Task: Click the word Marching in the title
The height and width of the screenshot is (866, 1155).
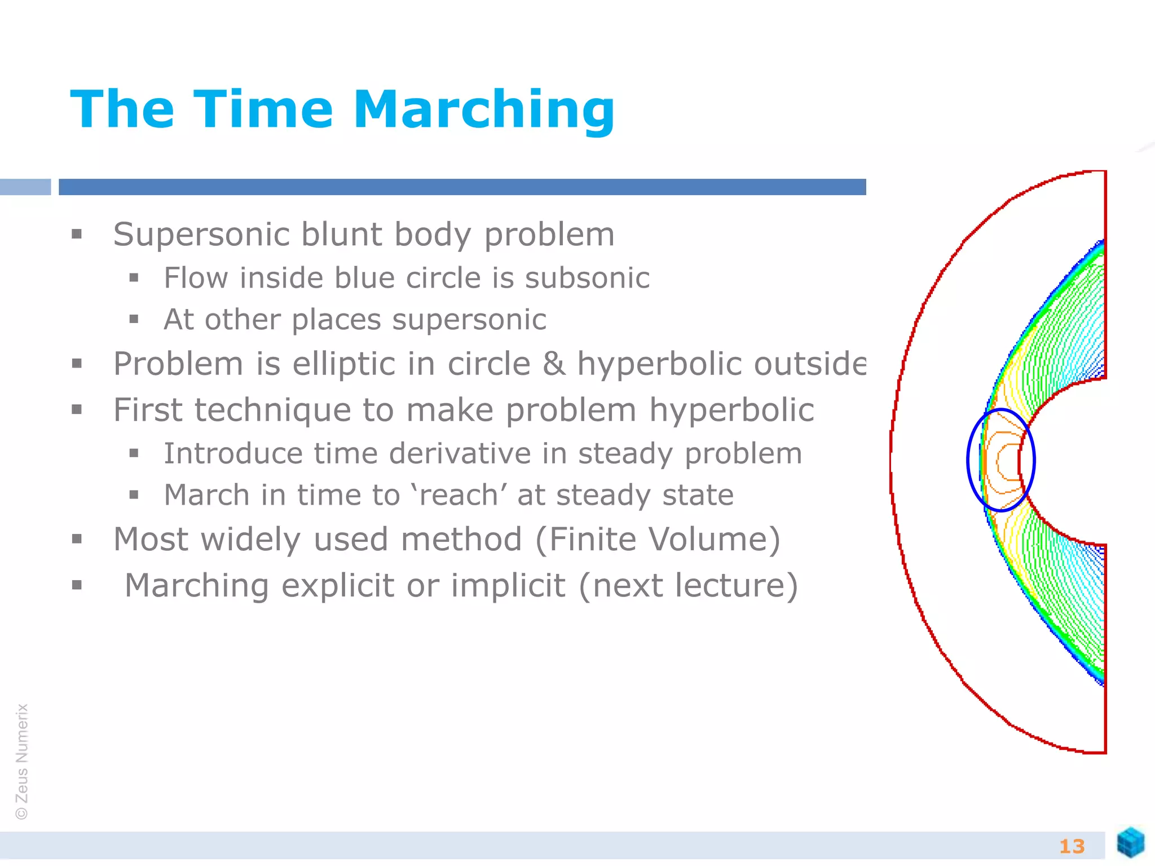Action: (483, 110)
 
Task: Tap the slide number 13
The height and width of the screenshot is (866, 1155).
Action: (1072, 846)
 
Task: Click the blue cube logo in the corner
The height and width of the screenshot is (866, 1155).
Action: (1130, 842)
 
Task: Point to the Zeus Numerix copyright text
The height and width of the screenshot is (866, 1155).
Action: (22, 761)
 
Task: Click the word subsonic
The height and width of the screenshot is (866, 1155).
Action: (587, 278)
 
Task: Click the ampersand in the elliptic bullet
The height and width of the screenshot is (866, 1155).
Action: (554, 364)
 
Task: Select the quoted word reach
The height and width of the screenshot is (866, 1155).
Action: (459, 496)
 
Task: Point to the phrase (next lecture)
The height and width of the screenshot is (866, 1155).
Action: (688, 586)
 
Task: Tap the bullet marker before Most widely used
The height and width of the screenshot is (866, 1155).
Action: (77, 540)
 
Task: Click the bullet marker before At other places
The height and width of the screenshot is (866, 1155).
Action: (134, 320)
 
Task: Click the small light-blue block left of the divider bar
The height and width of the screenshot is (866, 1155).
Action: (25, 187)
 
